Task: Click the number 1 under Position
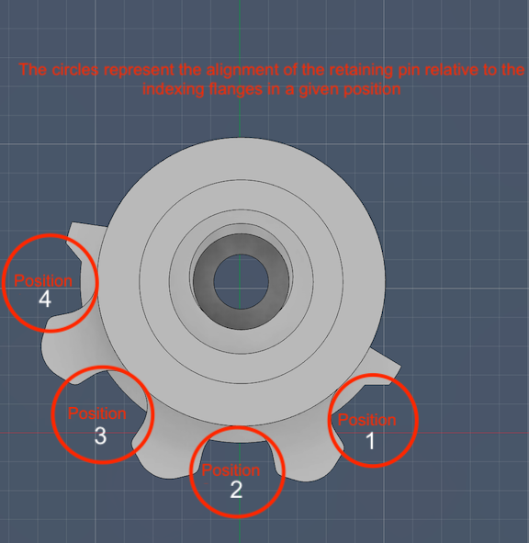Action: [370, 441]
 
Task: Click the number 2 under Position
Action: [236, 490]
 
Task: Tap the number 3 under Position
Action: [100, 436]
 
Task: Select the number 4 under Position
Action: [45, 299]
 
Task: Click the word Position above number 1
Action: [367, 420]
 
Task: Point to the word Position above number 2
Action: [231, 470]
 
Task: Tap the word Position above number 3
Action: [97, 413]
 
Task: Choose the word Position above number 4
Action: [43, 280]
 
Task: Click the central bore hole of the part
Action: [241, 281]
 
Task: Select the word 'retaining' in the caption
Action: [361, 71]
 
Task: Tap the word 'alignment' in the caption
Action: [242, 71]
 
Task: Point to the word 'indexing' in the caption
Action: [174, 90]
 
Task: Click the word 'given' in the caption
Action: [320, 90]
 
